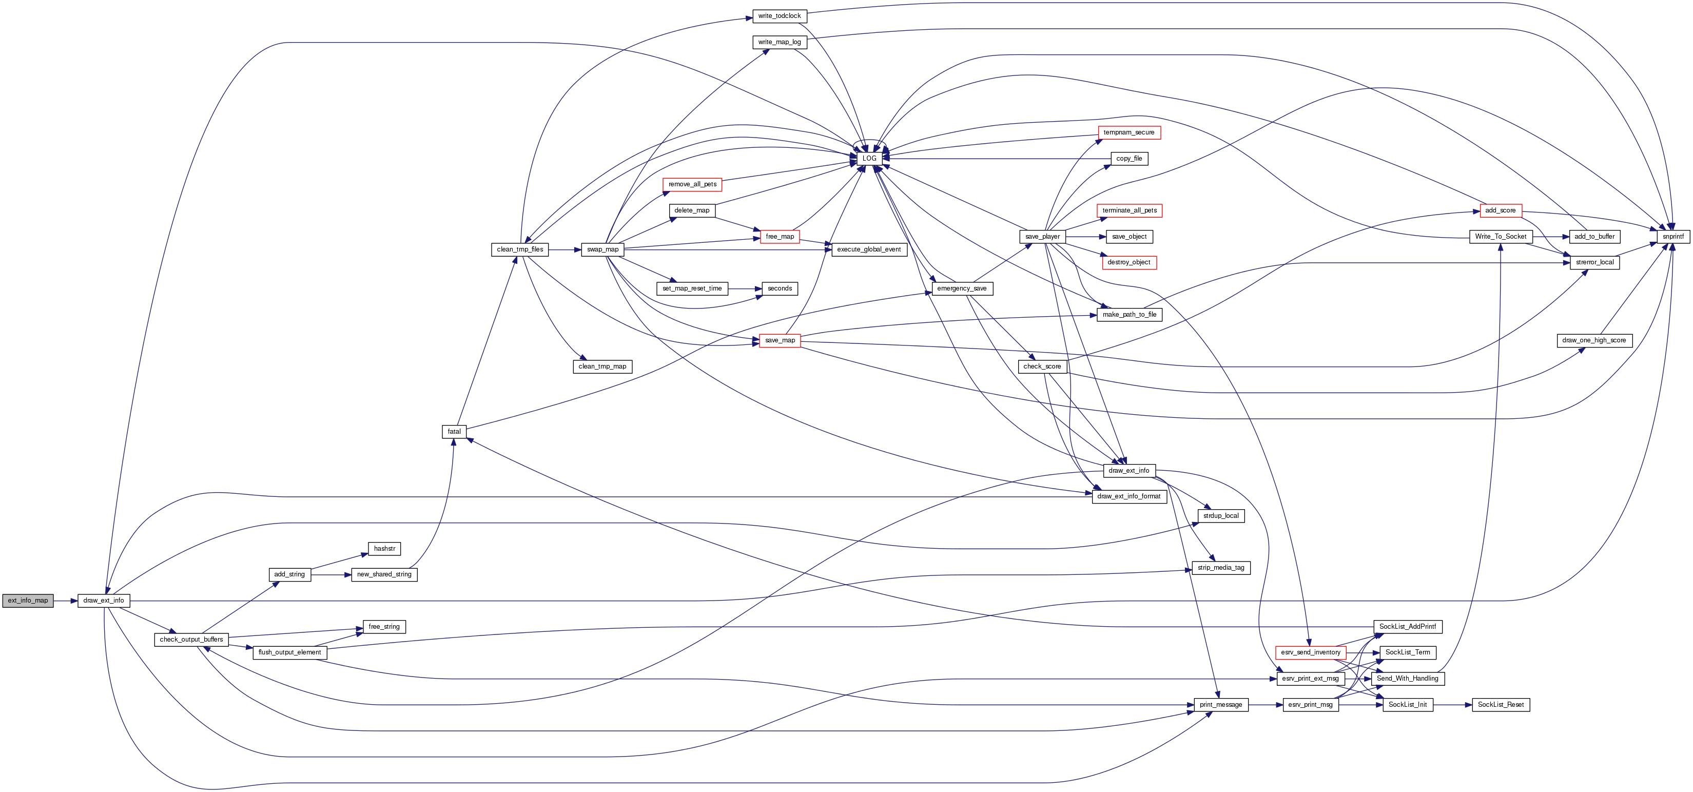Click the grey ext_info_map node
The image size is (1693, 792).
pos(28,600)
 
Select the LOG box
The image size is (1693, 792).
pos(869,159)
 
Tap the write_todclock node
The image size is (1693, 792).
pos(780,16)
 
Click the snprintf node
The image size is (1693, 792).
pos(1672,237)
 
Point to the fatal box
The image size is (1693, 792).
pos(454,432)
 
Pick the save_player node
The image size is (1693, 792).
pos(1042,237)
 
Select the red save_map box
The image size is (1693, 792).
pos(780,340)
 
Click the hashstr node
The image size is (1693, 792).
pos(384,549)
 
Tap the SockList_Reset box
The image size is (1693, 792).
pos(1501,705)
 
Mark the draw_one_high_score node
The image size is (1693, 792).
pos(1594,340)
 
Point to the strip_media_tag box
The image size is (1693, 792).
pos(1220,568)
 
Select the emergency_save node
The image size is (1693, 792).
pos(962,288)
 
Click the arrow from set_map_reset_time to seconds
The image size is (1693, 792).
pos(745,288)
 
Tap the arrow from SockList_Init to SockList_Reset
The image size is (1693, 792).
pos(1452,705)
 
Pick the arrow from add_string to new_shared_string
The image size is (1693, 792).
pos(331,574)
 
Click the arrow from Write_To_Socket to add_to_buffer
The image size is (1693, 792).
pos(1551,237)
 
